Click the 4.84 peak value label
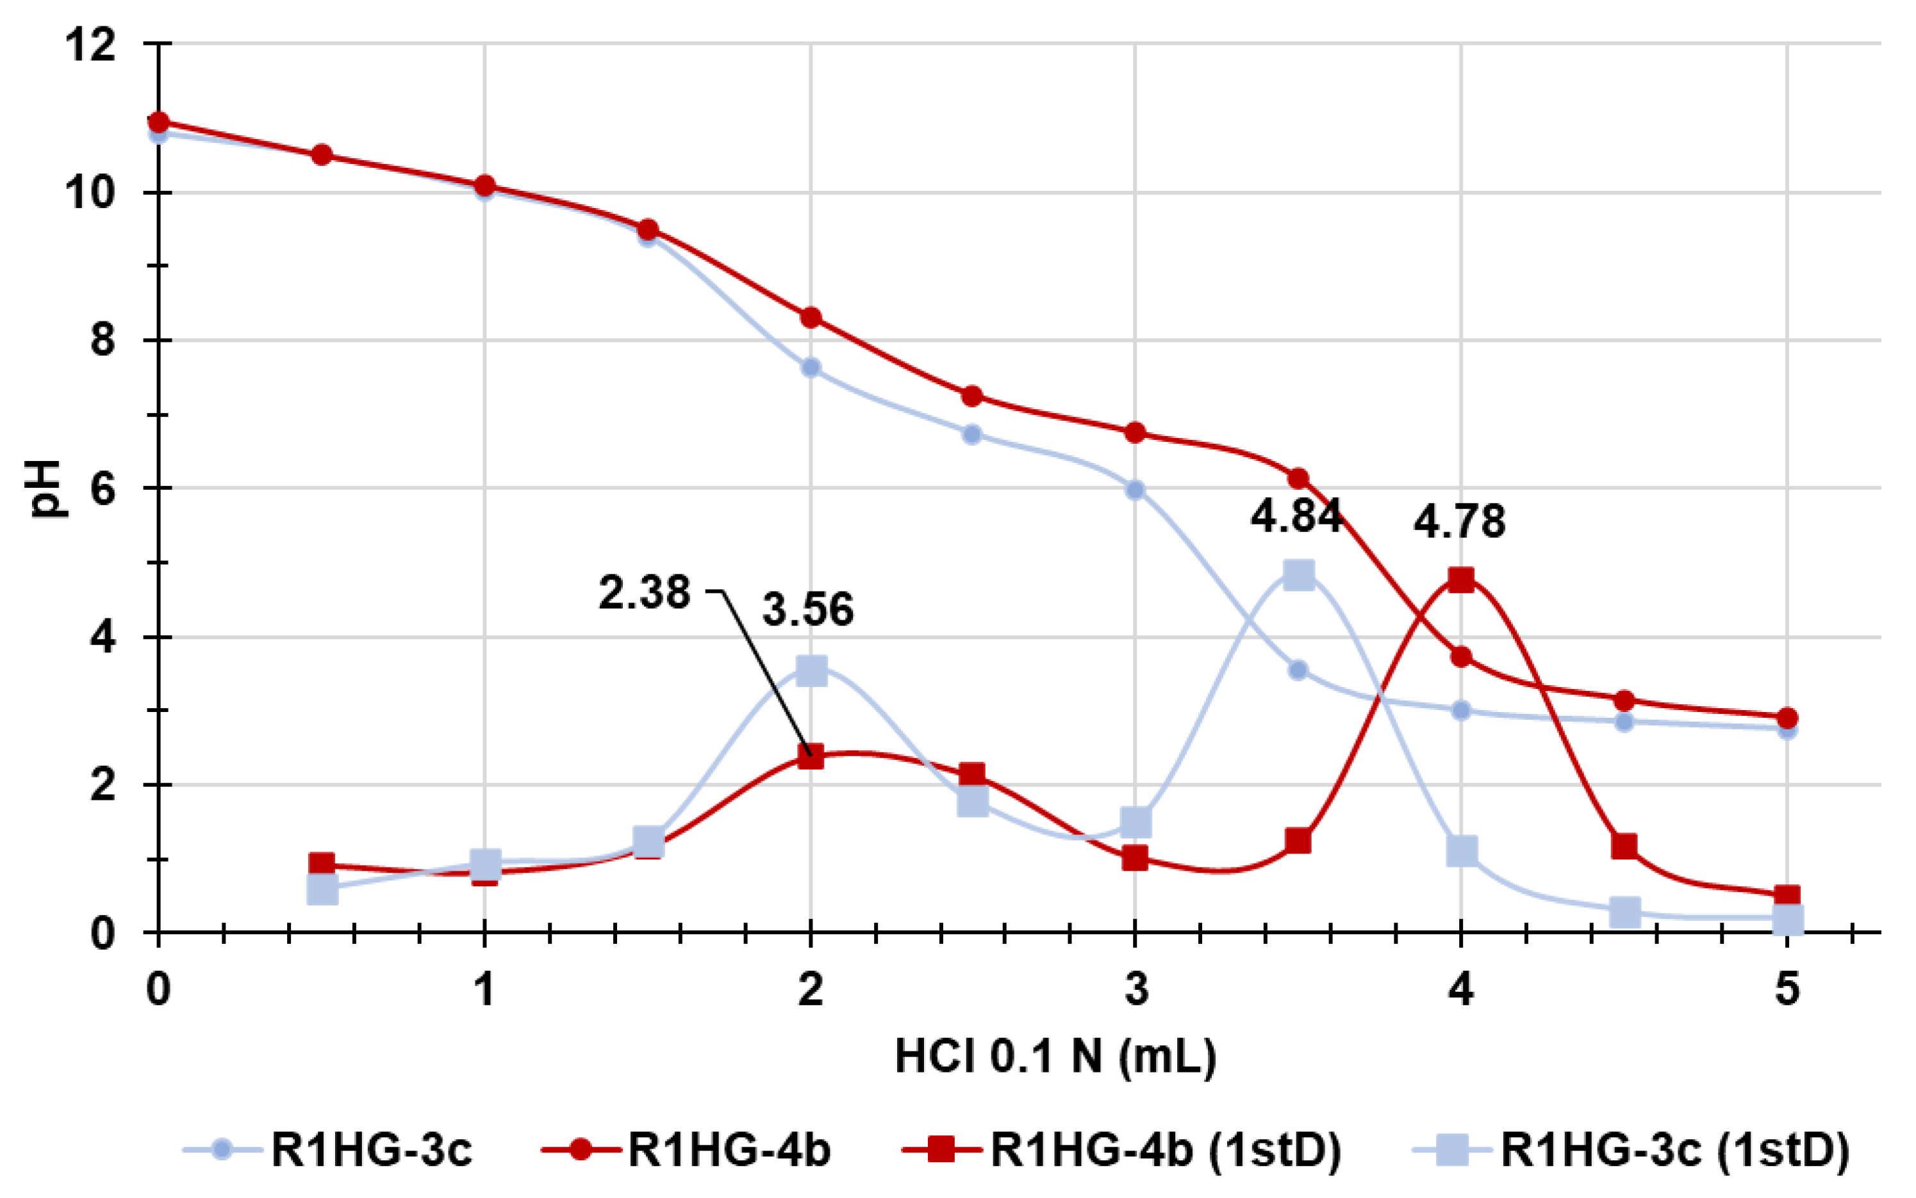[x=1296, y=516]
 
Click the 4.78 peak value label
[x=1459, y=521]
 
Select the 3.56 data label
[x=808, y=610]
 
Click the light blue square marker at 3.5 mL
[x=1298, y=574]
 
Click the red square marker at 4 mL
[x=1461, y=579]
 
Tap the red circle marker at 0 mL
[x=158, y=122]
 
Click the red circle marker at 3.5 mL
[x=1298, y=478]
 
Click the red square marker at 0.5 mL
[x=321, y=863]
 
